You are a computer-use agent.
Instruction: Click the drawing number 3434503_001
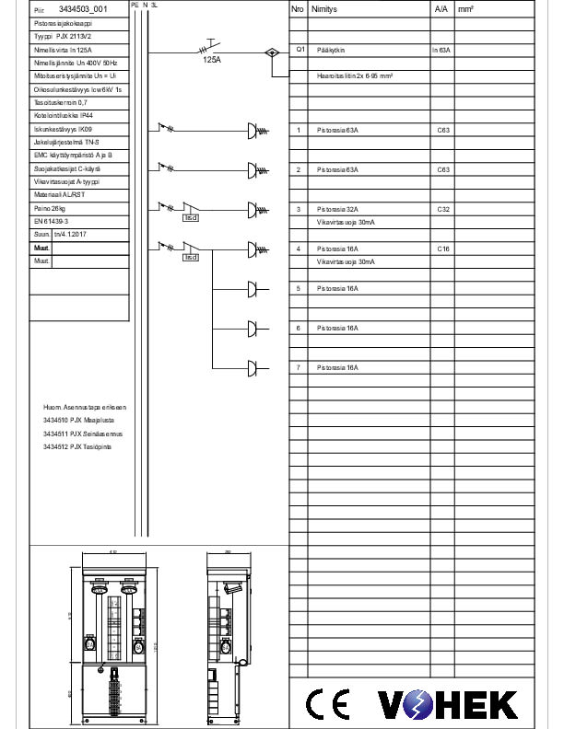pos(82,8)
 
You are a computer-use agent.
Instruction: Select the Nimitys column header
pos(323,8)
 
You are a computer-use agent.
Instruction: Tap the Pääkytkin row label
pos(331,49)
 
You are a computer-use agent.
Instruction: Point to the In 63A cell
pos(441,49)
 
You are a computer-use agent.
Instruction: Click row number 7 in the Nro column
pos(298,368)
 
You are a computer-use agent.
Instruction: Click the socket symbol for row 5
pos(253,289)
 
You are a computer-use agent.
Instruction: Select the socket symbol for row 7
pos(253,368)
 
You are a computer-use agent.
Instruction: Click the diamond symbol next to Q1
pos(271,52)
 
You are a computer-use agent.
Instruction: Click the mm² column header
pos(465,8)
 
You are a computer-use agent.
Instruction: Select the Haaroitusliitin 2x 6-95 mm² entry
pos(355,75)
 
